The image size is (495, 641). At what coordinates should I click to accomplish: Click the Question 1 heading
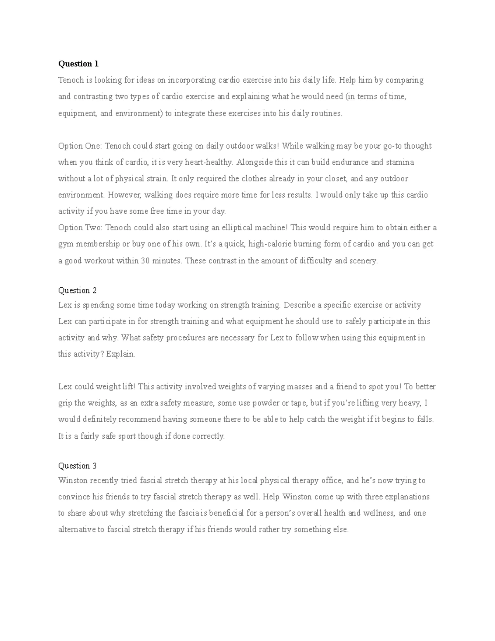pos(78,64)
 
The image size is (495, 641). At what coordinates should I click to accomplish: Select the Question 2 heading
pos(77,290)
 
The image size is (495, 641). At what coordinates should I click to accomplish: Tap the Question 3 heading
pos(77,466)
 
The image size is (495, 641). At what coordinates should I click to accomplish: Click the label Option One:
pos(81,146)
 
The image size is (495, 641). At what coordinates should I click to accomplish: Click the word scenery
pos(363,261)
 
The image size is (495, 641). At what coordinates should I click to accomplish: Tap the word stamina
pos(400,162)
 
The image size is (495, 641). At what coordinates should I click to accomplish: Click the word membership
pos(95,244)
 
